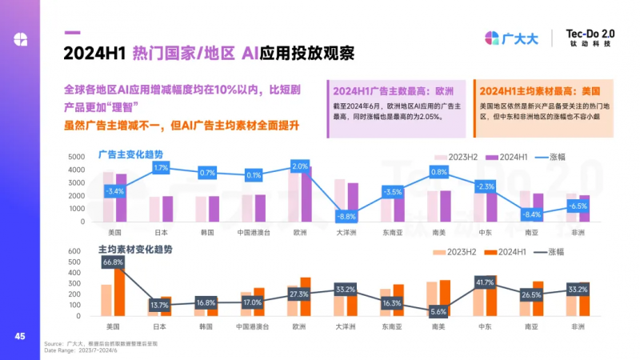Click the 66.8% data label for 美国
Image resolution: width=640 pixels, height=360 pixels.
113,262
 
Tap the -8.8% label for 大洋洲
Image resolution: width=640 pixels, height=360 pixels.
346,217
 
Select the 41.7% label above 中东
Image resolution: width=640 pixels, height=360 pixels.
485,282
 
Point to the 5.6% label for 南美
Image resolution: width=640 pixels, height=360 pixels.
438,311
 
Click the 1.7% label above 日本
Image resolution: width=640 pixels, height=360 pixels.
160,168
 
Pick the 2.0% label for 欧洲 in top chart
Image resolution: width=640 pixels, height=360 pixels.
300,166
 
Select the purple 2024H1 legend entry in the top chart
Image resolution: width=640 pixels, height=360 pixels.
504,158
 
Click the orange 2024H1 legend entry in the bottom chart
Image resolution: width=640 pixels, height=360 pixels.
504,252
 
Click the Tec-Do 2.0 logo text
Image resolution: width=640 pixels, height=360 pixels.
590,33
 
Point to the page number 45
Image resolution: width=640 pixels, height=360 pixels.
20,336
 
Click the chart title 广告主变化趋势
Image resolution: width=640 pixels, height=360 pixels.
130,153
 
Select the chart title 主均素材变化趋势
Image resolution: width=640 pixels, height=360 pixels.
134,249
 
